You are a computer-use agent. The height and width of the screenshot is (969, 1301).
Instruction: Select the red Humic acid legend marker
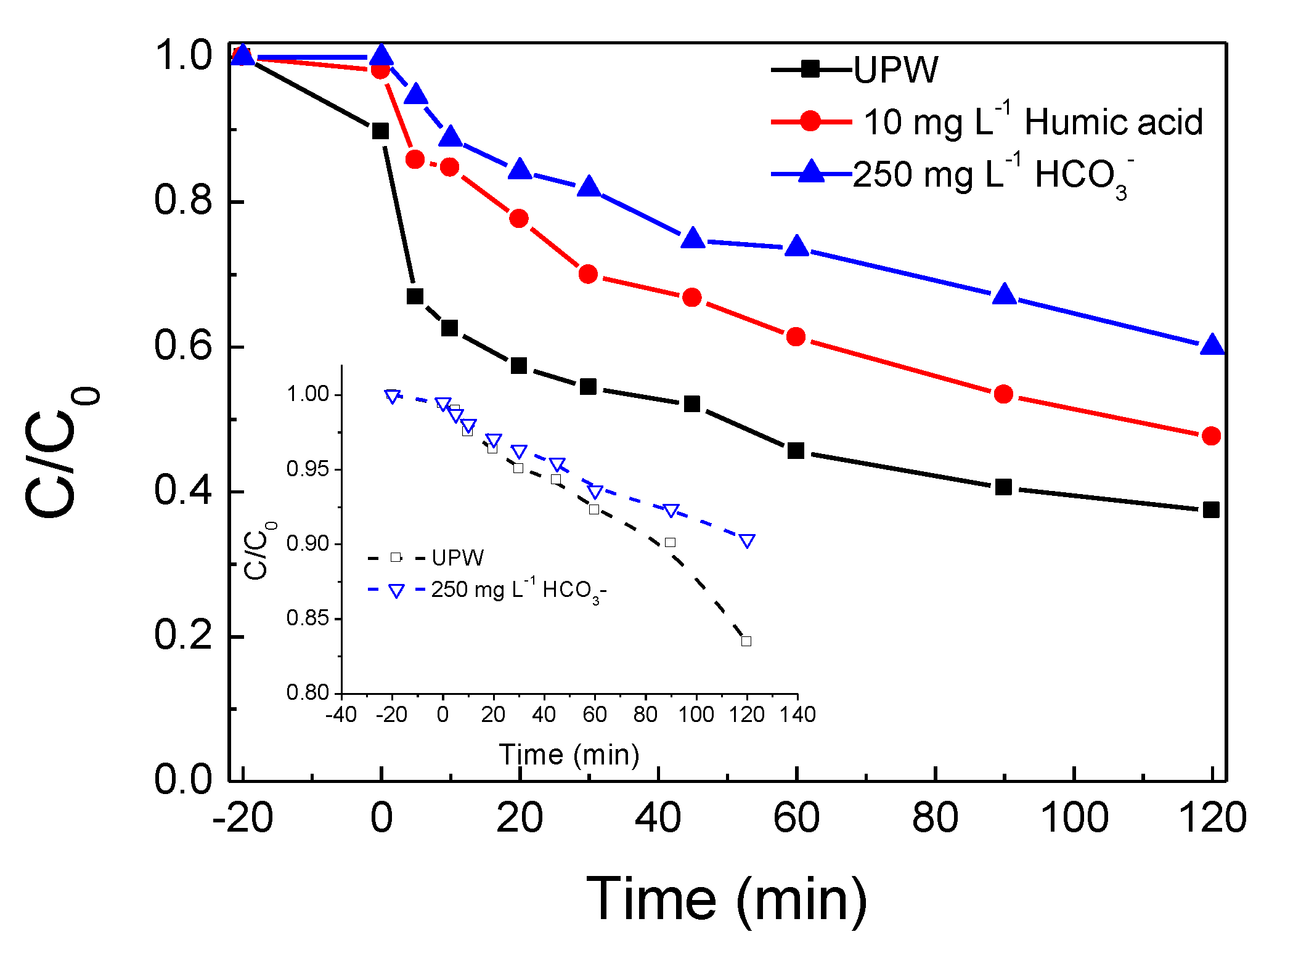(810, 121)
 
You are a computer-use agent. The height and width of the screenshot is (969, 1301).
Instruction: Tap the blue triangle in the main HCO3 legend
(811, 172)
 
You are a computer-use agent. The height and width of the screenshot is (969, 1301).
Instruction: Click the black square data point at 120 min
(1210, 509)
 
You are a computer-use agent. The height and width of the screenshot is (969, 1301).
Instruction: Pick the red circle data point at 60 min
(796, 337)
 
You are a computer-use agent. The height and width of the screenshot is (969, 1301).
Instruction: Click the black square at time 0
(381, 131)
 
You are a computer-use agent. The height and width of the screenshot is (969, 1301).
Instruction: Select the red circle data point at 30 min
(588, 274)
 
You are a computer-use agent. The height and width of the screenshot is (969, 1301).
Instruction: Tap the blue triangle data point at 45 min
(693, 238)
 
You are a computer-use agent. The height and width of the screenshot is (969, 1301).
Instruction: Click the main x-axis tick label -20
(242, 818)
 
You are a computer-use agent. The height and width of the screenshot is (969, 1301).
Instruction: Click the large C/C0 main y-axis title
(62, 453)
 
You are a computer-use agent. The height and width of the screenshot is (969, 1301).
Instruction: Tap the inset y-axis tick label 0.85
(308, 618)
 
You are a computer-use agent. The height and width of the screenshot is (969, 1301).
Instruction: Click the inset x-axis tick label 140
(797, 715)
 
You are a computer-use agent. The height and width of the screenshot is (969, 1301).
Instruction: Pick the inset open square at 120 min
(746, 641)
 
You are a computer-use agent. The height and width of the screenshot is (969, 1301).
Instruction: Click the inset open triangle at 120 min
(747, 541)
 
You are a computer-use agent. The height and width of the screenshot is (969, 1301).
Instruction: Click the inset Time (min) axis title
(569, 755)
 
